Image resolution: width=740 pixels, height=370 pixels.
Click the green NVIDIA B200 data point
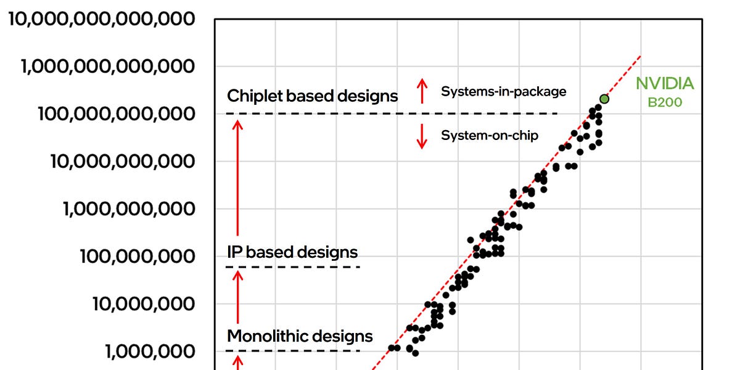[604, 99]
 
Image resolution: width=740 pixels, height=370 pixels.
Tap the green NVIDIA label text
[665, 84]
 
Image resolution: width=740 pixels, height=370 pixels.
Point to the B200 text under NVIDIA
[665, 102]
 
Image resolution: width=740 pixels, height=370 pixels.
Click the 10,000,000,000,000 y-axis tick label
[102, 19]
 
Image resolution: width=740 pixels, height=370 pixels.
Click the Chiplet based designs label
[313, 96]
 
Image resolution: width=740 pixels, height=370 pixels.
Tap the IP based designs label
[292, 252]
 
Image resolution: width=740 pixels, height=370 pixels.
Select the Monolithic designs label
[300, 336]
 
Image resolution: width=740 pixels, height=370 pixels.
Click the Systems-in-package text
[503, 92]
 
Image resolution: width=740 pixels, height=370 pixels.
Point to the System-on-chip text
[490, 135]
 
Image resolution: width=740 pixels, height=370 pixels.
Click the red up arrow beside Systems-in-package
[422, 91]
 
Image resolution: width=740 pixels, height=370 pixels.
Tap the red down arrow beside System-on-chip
[422, 136]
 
